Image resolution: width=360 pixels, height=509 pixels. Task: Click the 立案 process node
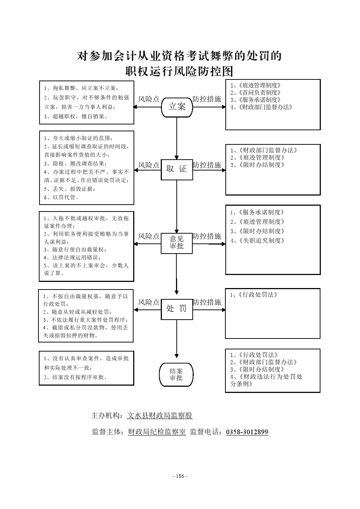point(177,107)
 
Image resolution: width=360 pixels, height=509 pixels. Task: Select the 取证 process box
point(177,169)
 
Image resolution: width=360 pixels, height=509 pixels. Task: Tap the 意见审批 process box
point(177,243)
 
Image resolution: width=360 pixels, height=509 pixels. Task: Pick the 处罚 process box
point(177,309)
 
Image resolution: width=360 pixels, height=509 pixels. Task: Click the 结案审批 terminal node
point(176,374)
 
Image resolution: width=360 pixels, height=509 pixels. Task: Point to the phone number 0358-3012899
point(247,432)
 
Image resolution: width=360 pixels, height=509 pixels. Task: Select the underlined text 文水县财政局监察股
point(160,416)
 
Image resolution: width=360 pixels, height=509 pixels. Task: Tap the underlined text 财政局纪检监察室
point(157,432)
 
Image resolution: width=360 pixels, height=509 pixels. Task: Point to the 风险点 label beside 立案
point(149,99)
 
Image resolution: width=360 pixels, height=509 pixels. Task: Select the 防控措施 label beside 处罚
point(207,302)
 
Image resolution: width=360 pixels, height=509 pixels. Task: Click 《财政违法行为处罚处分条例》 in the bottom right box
point(267,380)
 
